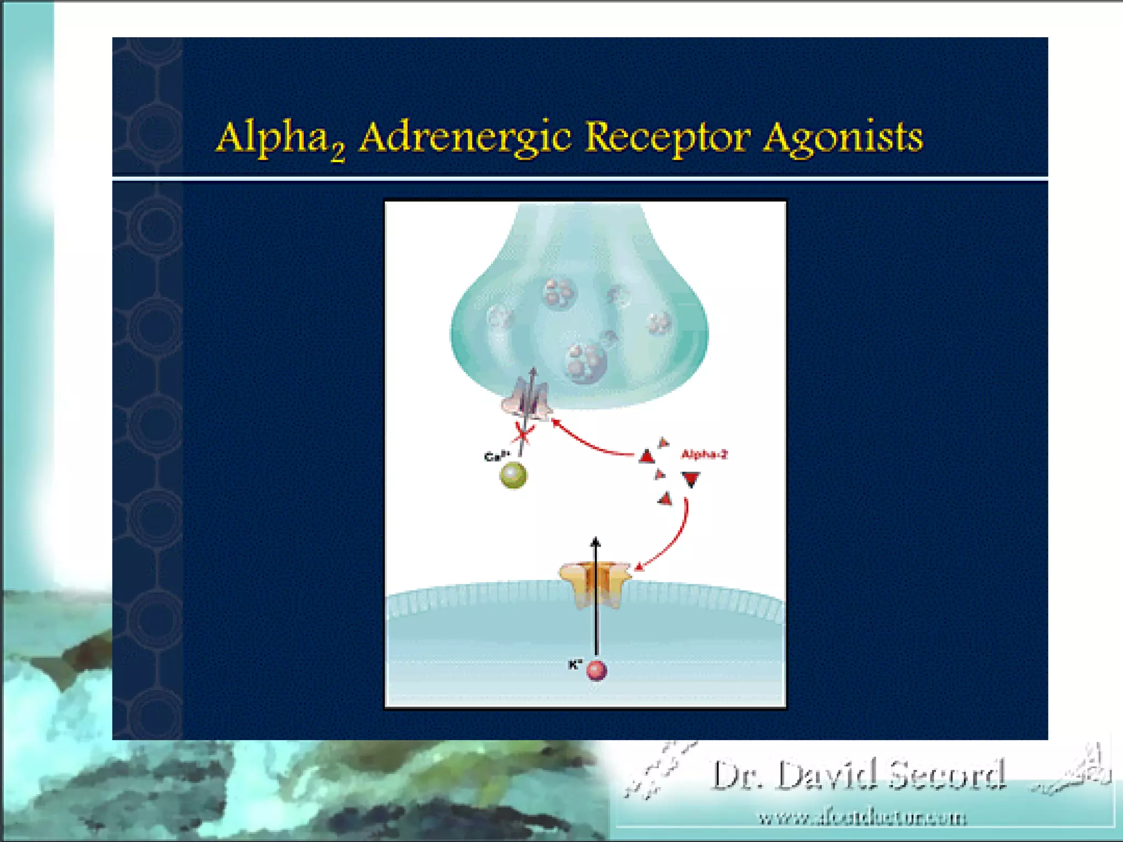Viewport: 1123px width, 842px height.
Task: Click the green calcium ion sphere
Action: (x=513, y=475)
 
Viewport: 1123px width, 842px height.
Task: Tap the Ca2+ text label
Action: (x=497, y=456)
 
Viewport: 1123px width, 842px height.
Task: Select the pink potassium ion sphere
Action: (x=597, y=670)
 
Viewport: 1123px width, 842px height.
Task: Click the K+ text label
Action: (x=575, y=664)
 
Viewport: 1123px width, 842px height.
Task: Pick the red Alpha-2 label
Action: (x=704, y=454)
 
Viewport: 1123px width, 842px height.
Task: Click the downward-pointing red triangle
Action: (x=691, y=480)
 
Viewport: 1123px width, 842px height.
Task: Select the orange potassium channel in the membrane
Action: (x=595, y=584)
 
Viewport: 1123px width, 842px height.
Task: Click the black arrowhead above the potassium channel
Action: (x=595, y=542)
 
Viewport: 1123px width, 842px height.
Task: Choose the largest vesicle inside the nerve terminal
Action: (x=586, y=362)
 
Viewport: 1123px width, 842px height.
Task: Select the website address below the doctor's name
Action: (x=862, y=818)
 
